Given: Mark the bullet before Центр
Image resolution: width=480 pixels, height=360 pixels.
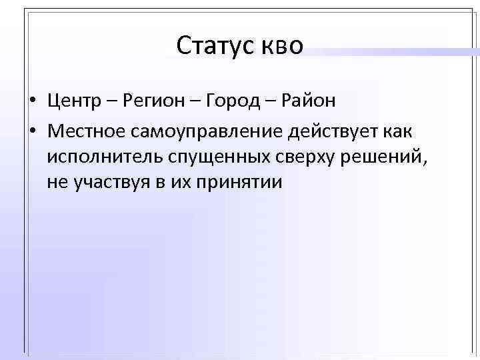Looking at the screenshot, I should (32, 101).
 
